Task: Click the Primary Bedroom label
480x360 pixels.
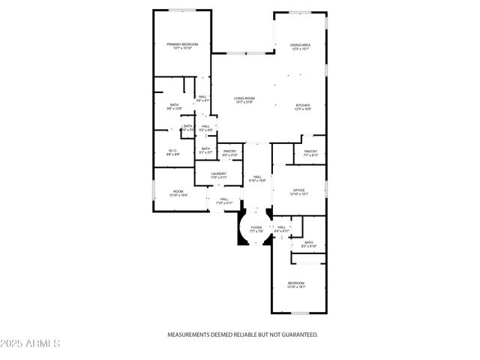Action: click(182, 45)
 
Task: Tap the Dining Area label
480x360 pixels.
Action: click(301, 45)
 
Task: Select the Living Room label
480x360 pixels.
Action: click(244, 98)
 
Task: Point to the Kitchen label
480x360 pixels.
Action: click(302, 105)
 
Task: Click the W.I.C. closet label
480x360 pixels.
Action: click(172, 151)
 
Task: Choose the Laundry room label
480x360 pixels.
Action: click(218, 174)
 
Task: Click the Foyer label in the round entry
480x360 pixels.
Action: click(256, 227)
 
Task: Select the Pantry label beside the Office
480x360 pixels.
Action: click(310, 151)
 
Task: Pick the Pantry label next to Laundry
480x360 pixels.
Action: click(229, 151)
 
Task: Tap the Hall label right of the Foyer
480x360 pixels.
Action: click(282, 227)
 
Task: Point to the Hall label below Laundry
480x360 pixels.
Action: click(224, 199)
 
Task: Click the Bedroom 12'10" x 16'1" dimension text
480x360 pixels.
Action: click(297, 287)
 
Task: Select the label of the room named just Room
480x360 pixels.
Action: click(178, 191)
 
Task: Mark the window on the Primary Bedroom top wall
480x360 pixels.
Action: click(182, 10)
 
